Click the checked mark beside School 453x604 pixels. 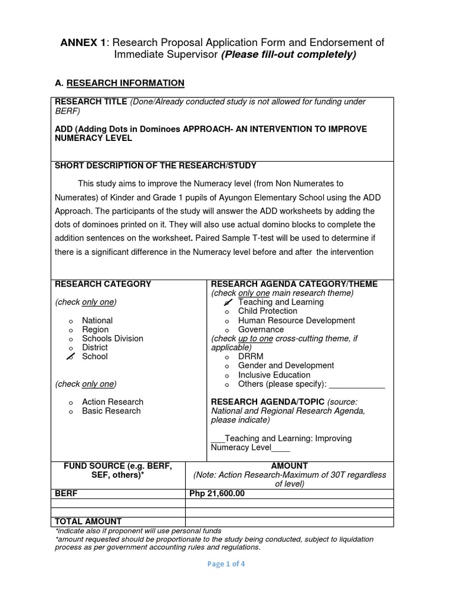[70, 357]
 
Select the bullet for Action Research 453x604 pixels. [70, 402]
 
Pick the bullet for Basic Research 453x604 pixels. [70, 412]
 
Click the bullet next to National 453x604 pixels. [70, 321]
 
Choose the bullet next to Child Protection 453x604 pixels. [226, 311]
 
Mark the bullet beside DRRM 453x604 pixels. [226, 357]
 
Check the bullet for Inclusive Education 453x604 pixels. [226, 375]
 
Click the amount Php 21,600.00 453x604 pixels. [216, 494]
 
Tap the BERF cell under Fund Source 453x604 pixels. [66, 494]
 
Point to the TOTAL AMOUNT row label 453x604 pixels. [88, 521]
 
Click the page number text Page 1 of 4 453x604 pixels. [226, 564]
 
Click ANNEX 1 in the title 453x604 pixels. [84, 42]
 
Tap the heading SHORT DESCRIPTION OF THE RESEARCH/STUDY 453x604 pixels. [156, 166]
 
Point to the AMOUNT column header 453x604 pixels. [289, 466]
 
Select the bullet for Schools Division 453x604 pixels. [70, 339]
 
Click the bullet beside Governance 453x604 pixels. [226, 330]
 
